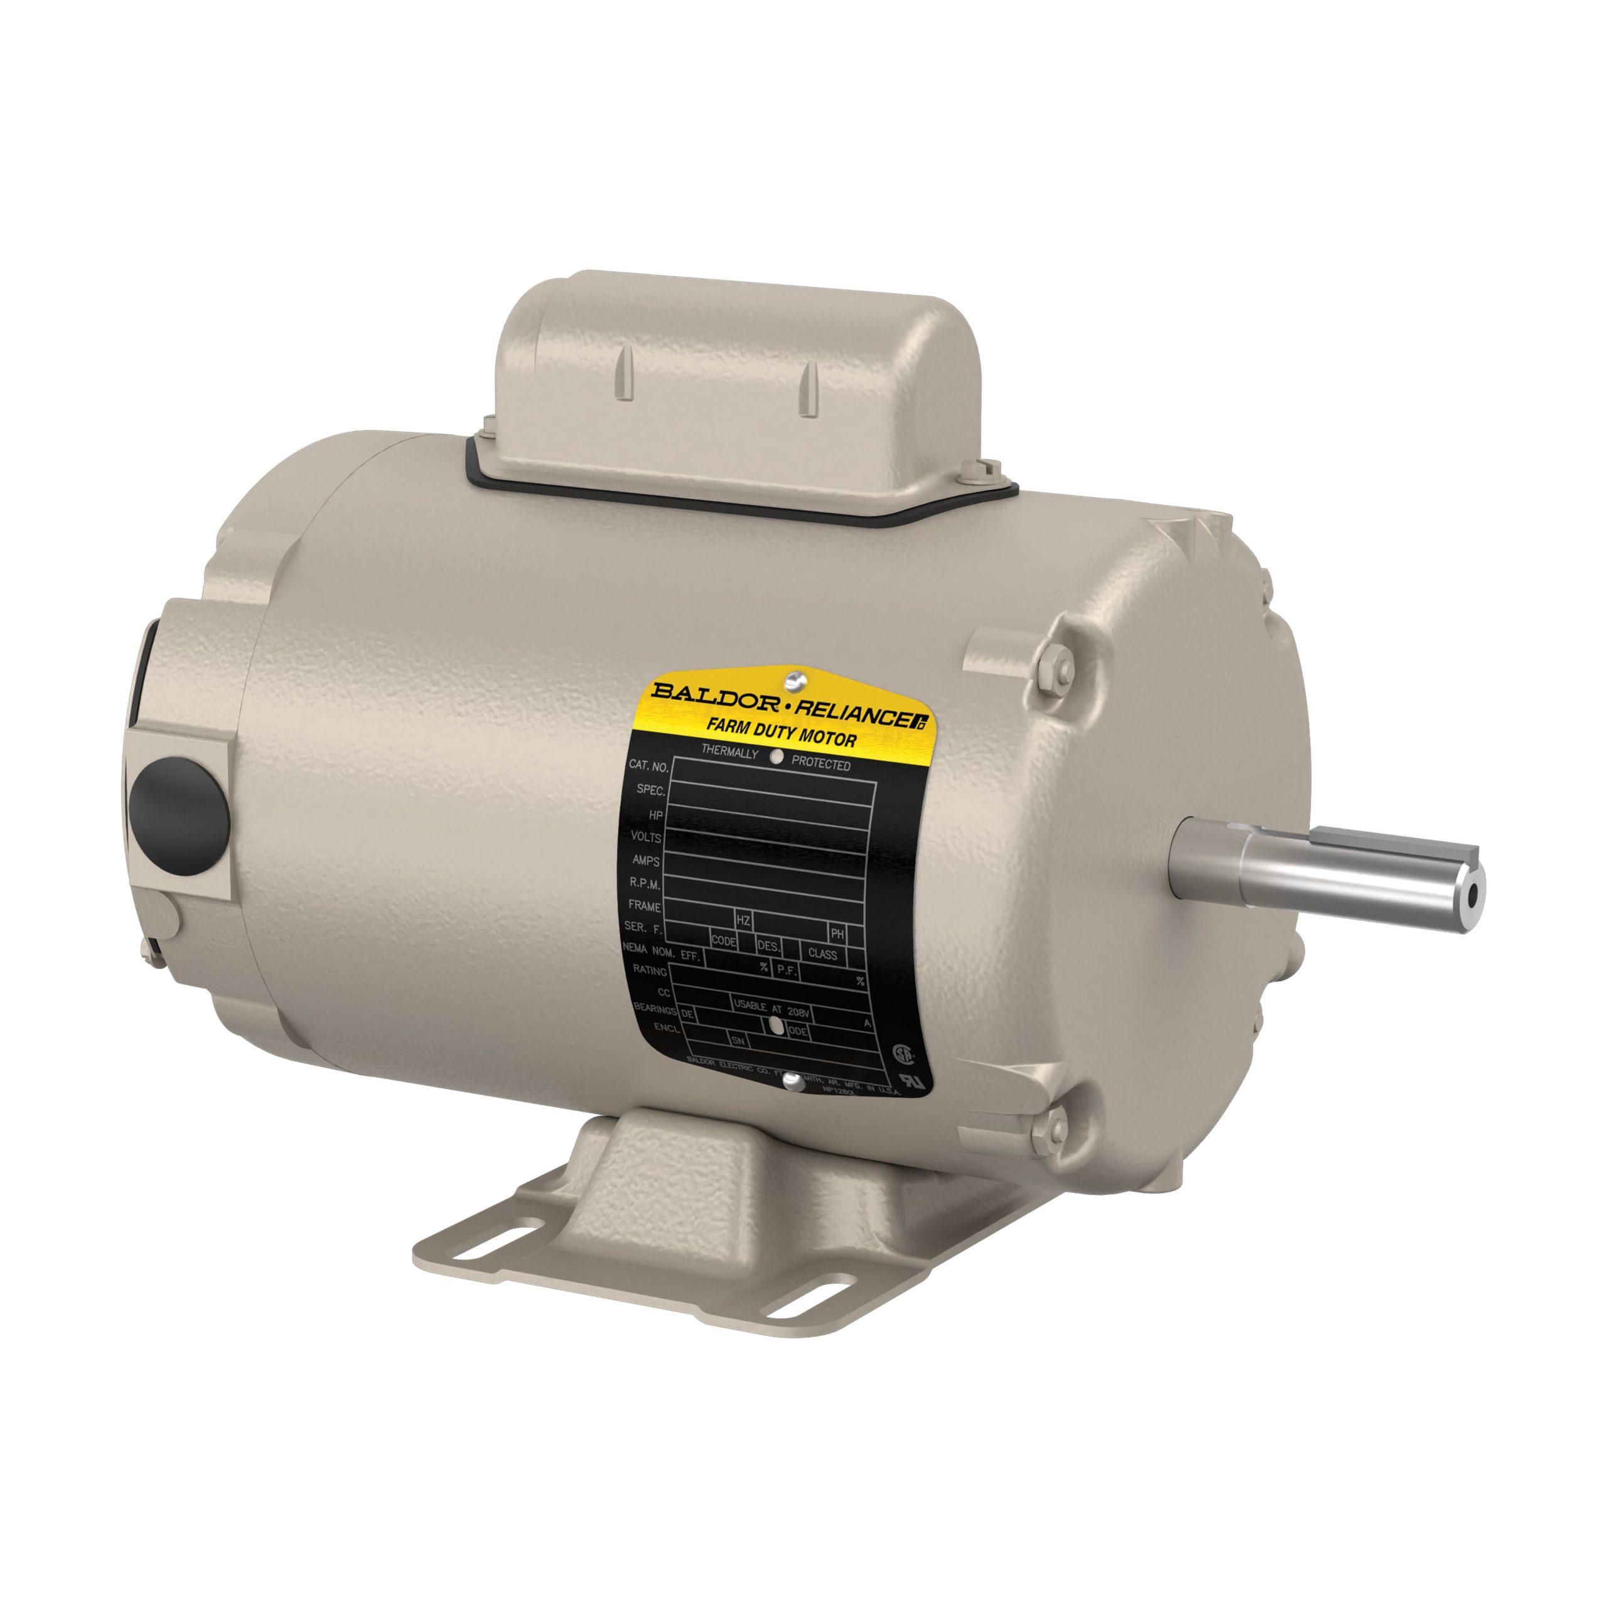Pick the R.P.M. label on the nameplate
645,884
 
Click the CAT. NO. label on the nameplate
649,765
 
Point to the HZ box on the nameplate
743,921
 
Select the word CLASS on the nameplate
822,954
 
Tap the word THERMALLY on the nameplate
729,752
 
